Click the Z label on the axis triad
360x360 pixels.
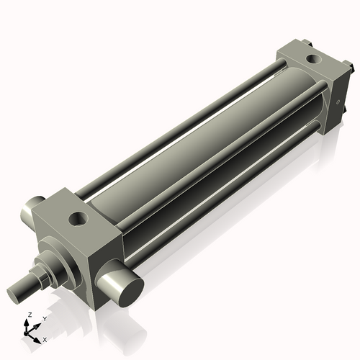[28, 315]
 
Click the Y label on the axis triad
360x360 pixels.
[44, 318]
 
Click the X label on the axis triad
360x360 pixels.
[45, 338]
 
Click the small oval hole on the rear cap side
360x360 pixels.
[337, 102]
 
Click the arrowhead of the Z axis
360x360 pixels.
[29, 323]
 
